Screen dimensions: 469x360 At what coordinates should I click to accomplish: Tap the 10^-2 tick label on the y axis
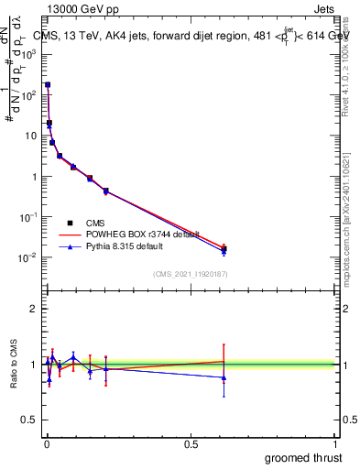(x=27, y=257)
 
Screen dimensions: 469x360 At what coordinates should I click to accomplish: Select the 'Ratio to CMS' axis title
(x=14, y=365)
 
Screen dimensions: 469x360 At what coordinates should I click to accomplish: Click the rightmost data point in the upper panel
(x=224, y=249)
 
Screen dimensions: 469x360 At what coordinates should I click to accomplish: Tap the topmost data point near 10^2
(x=48, y=84)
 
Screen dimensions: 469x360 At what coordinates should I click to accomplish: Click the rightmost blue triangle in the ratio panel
(x=224, y=377)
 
